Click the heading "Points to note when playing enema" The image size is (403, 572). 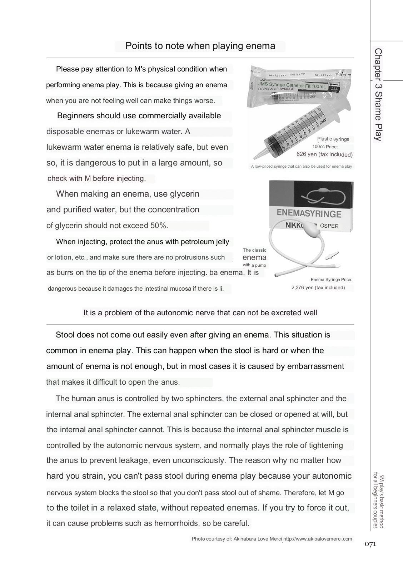(200, 46)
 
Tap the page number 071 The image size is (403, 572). (370, 544)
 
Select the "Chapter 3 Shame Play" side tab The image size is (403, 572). (378, 95)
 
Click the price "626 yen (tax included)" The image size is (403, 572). (324, 154)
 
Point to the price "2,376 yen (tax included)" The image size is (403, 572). (318, 287)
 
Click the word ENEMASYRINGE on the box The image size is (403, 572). (309, 214)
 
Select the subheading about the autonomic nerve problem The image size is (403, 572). (200, 313)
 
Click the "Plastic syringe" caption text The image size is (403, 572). (333, 139)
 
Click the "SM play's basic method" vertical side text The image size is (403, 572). (381, 500)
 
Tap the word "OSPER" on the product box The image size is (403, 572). (329, 226)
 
